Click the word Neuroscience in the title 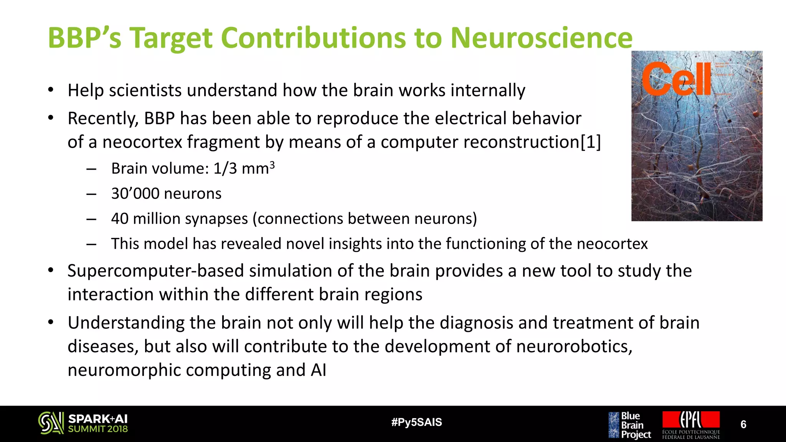pyautogui.click(x=541, y=38)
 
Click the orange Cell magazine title pyautogui.click(x=676, y=79)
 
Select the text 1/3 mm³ pyautogui.click(x=244, y=168)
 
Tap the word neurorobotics pyautogui.click(x=573, y=346)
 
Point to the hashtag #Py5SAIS pyautogui.click(x=416, y=422)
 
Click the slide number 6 pyautogui.click(x=743, y=424)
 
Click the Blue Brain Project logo pyautogui.click(x=629, y=425)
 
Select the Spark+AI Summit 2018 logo pyautogui.click(x=83, y=423)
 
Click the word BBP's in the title pyautogui.click(x=84, y=38)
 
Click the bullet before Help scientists pyautogui.click(x=50, y=90)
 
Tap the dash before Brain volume pyautogui.click(x=91, y=169)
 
